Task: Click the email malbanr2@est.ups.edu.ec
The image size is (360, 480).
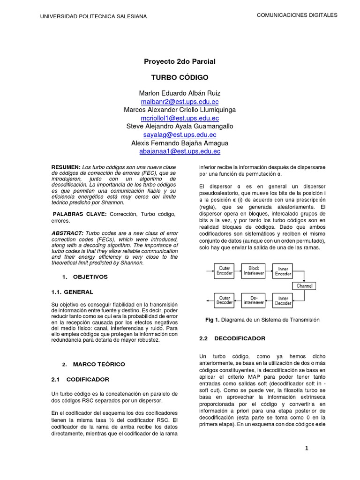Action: pos(180,101)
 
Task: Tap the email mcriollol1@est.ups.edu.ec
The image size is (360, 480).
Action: pos(180,118)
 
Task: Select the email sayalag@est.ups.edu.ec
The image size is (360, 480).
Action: pos(180,135)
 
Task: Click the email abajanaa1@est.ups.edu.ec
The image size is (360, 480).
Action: pos(180,151)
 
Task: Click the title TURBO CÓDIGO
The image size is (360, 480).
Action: pos(180,77)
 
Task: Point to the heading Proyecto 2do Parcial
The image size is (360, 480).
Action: pos(180,61)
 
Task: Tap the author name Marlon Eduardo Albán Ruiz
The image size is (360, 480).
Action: pos(180,93)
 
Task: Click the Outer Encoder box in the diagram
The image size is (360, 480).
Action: pos(224,271)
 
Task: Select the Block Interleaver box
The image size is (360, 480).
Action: pos(254,271)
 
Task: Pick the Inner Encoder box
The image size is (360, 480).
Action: pos(283,271)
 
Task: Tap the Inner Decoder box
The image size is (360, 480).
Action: pos(283,300)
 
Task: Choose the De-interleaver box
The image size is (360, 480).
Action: pos(254,300)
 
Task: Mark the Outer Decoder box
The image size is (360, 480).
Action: pos(224,300)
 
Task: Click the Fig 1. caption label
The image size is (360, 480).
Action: pos(212,320)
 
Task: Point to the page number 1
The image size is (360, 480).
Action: pos(307,449)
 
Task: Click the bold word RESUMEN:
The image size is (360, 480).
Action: pos(66,167)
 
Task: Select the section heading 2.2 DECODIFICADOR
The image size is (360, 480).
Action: pos(232,338)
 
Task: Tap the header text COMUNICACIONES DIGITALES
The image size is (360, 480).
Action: pos(297,15)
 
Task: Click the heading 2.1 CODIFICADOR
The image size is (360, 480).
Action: pos(80,379)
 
